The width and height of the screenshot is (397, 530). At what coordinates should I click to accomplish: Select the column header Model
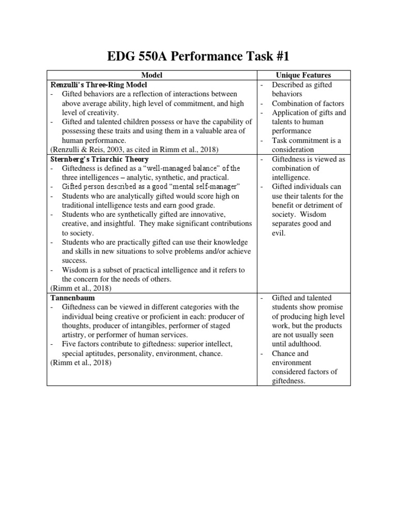point(152,75)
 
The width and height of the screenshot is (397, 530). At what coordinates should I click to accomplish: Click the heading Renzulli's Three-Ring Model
point(99,84)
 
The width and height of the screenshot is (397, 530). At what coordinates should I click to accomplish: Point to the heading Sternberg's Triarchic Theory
point(100,159)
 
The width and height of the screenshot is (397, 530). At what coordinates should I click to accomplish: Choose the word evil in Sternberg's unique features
point(280,233)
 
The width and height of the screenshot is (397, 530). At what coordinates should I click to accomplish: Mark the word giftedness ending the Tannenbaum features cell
point(288,381)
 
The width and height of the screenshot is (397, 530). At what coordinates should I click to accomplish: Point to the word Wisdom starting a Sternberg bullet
point(74,270)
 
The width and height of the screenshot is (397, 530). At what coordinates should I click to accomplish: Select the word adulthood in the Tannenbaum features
point(306,344)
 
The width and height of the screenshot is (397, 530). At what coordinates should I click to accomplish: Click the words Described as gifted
point(302,84)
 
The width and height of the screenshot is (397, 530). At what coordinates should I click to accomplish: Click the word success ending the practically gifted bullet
point(74,261)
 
